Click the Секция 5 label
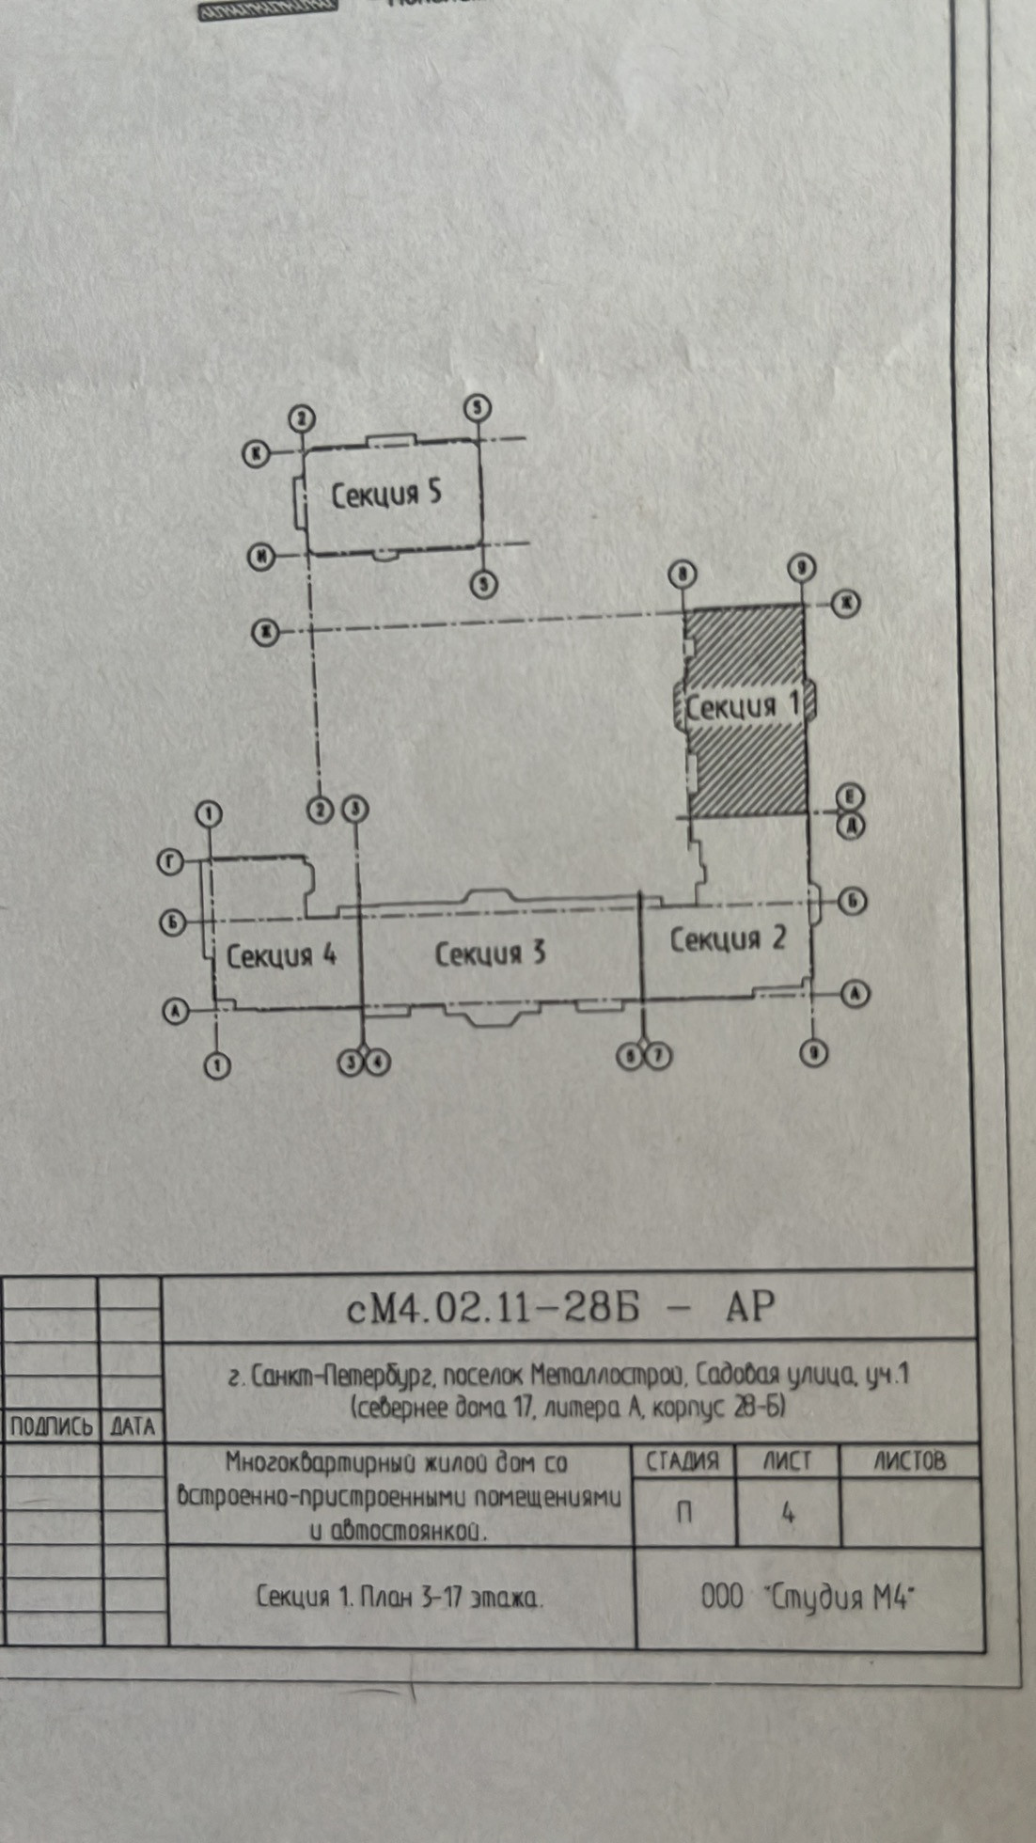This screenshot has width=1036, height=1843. pos(386,494)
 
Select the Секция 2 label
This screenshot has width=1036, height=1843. pos(727,938)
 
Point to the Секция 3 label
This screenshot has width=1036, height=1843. pos(490,953)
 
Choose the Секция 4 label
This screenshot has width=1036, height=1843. pos(281,956)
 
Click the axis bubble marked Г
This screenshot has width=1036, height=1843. pos(170,862)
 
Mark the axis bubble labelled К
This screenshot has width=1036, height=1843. pos(257,454)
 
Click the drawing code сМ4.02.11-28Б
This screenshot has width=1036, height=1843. pos(493,1307)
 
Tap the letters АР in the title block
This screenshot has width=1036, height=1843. pos(749,1306)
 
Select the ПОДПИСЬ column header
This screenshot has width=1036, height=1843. pos(51,1426)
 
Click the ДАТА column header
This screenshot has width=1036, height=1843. pos(132,1426)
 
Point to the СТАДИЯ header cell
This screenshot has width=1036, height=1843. pos(683,1461)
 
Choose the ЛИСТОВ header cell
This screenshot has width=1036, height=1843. pos(910,1460)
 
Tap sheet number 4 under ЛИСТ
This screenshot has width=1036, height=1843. pos(788,1513)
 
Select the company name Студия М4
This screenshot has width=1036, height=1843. pos(841,1598)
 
